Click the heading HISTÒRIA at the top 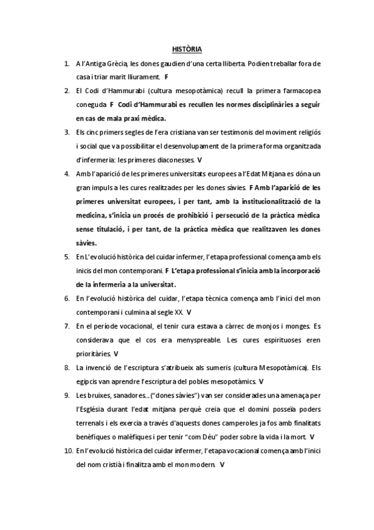click(x=187, y=49)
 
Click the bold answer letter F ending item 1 click(x=167, y=77)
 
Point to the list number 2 click(x=66, y=91)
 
